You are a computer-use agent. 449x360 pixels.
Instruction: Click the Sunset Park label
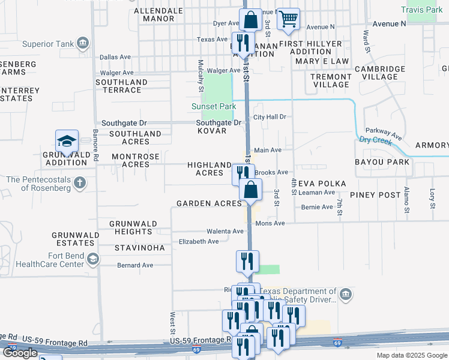pos(214,106)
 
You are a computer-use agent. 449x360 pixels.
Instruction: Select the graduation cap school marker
pos(67,142)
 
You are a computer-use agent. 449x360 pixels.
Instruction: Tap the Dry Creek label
pos(375,140)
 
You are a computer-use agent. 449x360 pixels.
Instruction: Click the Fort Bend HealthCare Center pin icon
pos(92,259)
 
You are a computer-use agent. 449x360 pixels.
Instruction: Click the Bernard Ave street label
pos(135,265)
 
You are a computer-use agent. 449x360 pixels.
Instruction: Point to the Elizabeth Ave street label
pos(199,242)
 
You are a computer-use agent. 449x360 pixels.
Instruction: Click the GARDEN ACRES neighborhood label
pos(209,203)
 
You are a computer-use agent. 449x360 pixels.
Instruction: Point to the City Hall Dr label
pos(270,117)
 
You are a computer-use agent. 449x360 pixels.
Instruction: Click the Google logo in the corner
pos(20,353)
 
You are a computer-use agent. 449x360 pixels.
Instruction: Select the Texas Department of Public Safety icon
pos(346,295)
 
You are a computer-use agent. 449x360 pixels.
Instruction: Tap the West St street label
pos(173,323)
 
